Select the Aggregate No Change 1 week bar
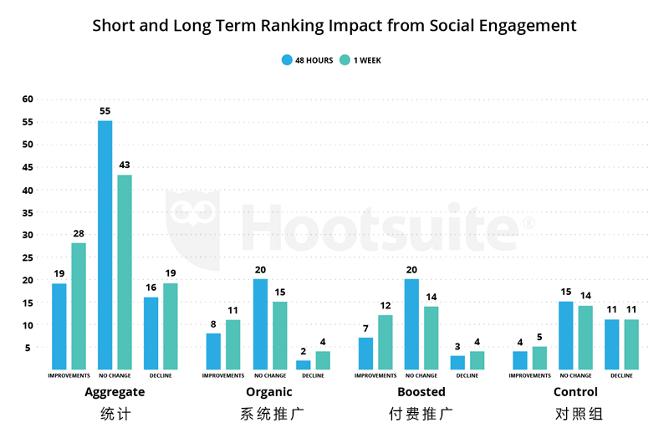tap(125, 272)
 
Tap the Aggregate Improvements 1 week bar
tap(79, 306)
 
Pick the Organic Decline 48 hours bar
tap(303, 364)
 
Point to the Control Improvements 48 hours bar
tap(519, 360)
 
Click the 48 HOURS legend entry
tap(308, 60)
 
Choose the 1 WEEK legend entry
tap(361, 60)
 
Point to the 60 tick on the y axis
tap(27, 99)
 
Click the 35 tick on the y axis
tap(27, 211)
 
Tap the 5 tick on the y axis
tap(29, 347)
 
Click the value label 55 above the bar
tap(105, 110)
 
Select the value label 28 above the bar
tap(79, 233)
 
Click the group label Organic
tap(269, 392)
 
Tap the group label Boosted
tap(421, 392)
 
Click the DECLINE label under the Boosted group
tap(467, 376)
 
